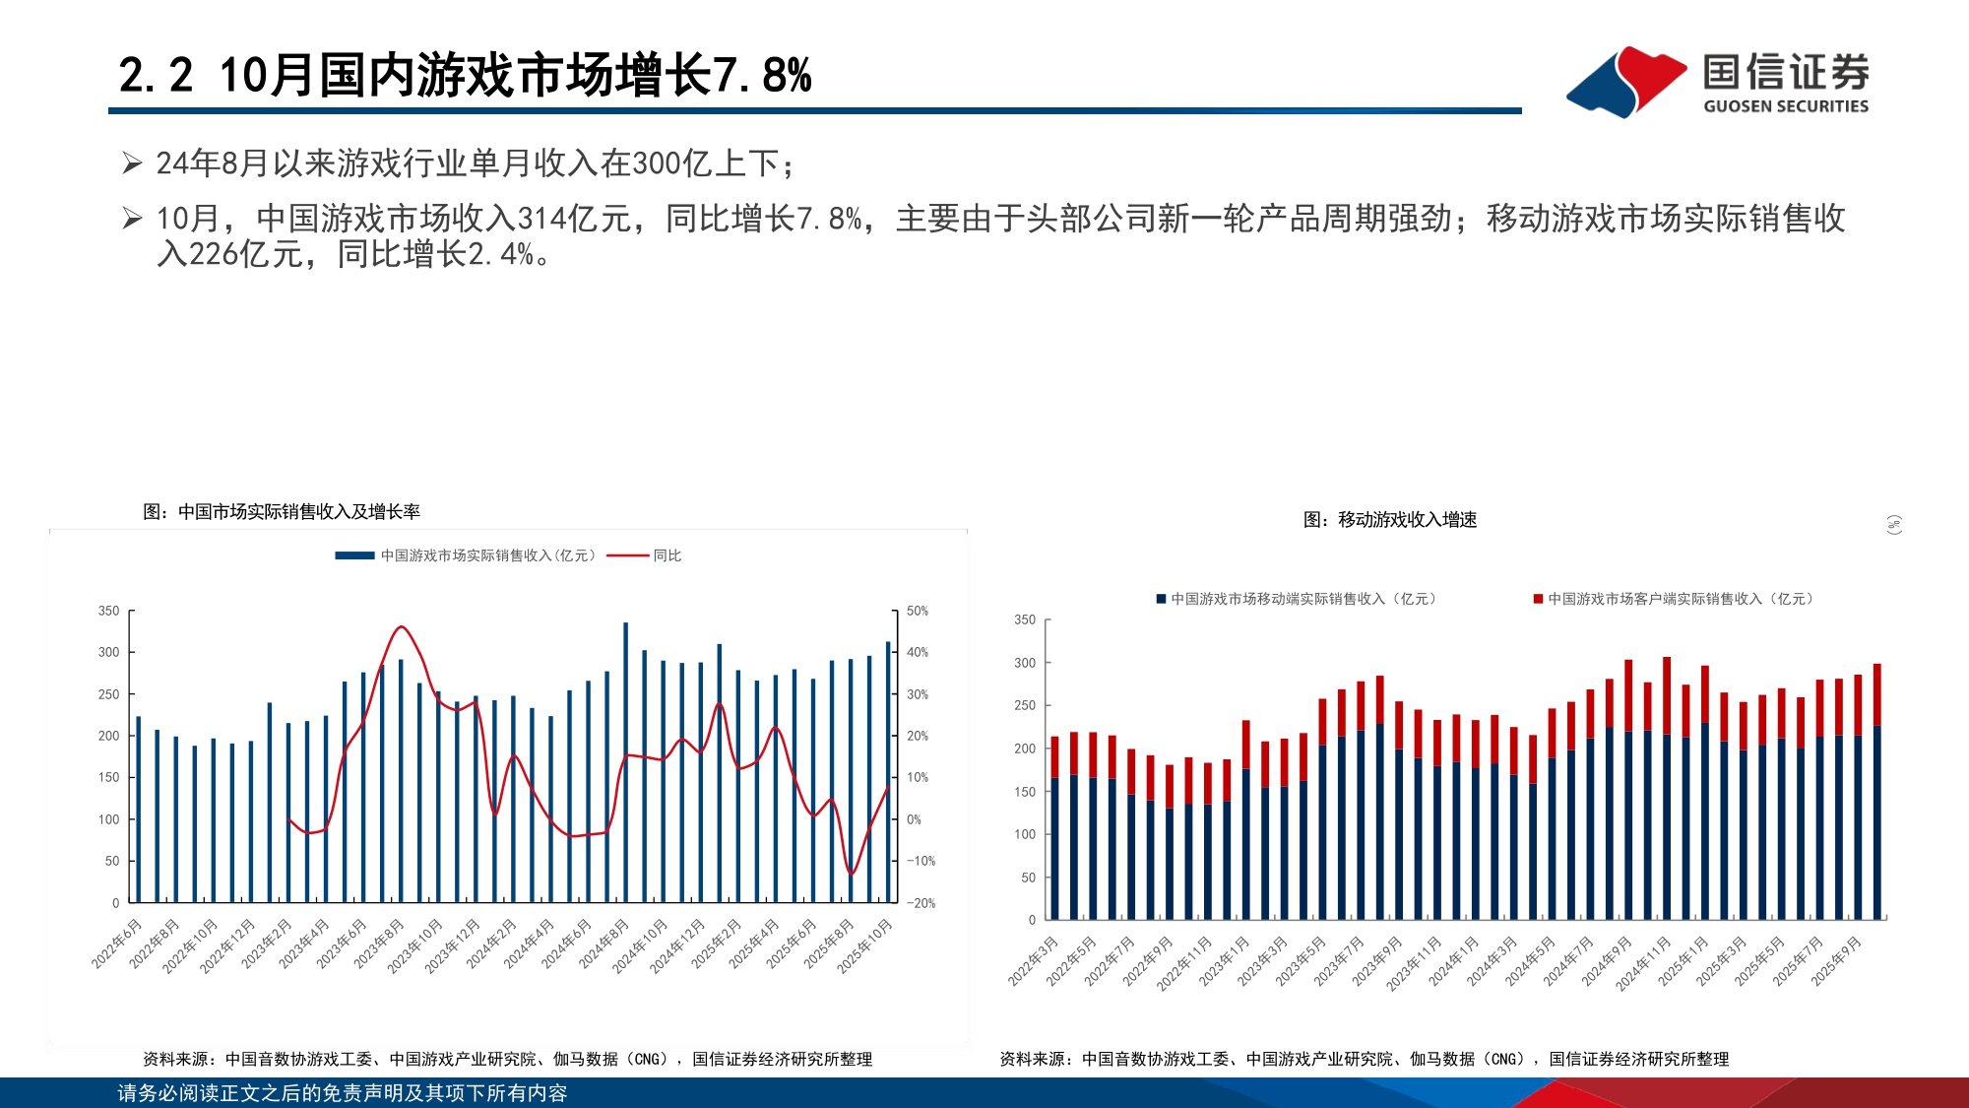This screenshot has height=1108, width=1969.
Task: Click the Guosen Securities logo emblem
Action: coord(1625,81)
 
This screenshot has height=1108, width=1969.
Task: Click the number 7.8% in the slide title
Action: coord(762,76)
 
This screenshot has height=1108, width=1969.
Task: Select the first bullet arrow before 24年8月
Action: coord(132,163)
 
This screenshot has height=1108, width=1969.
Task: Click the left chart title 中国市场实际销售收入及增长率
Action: coord(282,511)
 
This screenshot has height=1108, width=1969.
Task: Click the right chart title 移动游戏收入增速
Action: coord(1390,519)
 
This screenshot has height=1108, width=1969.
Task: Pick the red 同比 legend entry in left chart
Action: coord(646,555)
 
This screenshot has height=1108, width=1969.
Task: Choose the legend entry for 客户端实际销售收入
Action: coord(1674,599)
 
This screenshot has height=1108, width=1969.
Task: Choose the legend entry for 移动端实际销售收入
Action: coord(1298,599)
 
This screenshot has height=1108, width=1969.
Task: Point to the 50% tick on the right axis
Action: coord(918,611)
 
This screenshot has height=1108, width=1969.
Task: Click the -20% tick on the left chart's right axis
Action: coord(921,902)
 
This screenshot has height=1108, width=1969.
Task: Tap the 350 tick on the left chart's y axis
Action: coord(108,611)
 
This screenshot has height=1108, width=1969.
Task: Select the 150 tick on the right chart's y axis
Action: coord(1025,791)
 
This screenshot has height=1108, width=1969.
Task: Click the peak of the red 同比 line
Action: coord(400,626)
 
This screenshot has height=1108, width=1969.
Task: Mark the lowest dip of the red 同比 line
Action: coord(851,873)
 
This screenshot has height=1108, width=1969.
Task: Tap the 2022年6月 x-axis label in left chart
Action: coord(117,944)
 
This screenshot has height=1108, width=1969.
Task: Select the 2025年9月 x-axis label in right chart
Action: coord(1837,960)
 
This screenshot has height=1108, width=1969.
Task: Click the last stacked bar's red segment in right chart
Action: coord(1876,694)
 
